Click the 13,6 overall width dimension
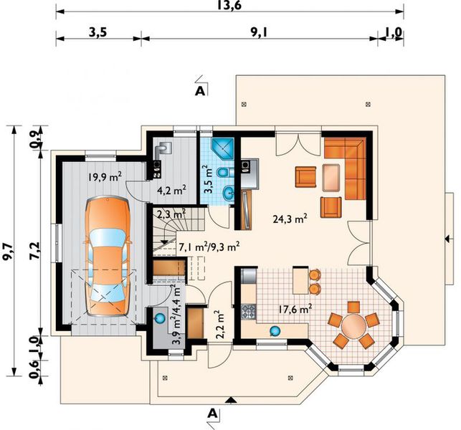click(231, 6)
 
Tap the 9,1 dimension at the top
click(260, 32)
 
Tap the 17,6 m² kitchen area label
click(295, 310)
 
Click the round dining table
click(353, 328)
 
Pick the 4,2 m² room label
click(172, 191)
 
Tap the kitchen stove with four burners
click(248, 312)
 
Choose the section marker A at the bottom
click(212, 413)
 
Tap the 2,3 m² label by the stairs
click(171, 213)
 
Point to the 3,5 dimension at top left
click(98, 32)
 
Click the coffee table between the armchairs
click(331, 176)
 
